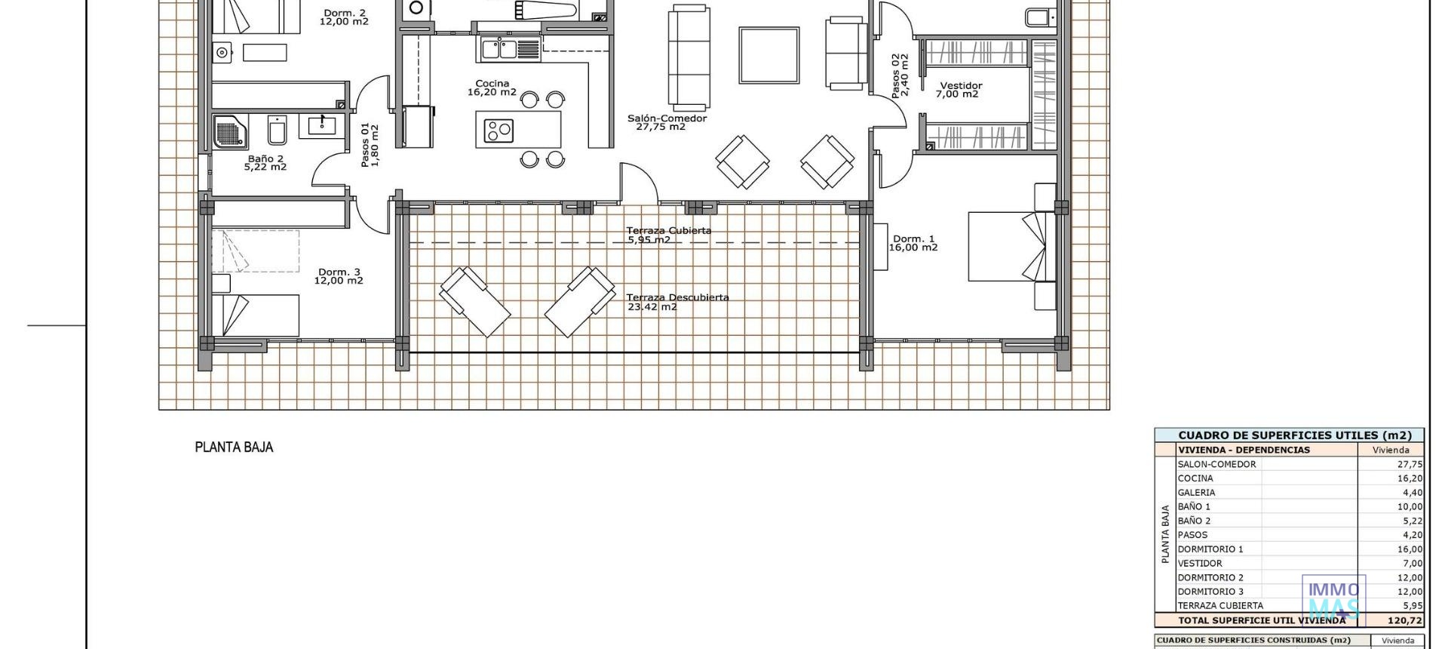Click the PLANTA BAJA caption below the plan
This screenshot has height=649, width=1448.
coord(234,448)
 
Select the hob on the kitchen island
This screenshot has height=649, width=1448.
coord(499,130)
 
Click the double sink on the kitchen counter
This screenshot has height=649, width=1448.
coord(498,49)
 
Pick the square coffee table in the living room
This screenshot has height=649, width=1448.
coord(768,55)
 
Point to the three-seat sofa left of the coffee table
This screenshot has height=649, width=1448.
coord(689,57)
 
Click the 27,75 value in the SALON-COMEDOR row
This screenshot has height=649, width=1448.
coord(1410,465)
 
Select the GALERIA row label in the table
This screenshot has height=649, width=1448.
coord(1196,493)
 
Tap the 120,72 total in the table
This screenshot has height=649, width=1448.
coord(1405,621)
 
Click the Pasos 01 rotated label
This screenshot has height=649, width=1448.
coord(370,145)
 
